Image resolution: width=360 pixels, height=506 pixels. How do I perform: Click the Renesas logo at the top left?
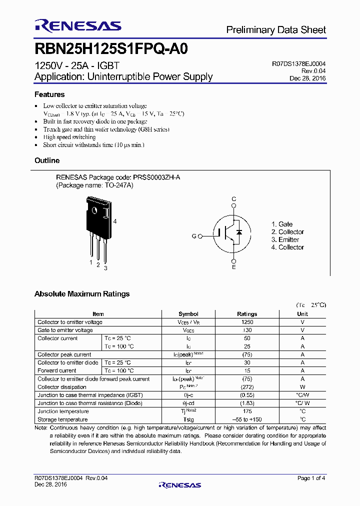77,26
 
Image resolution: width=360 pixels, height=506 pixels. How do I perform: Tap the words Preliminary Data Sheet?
276,30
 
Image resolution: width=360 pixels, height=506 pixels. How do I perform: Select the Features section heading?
49,94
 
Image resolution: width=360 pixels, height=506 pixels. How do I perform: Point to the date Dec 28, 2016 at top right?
307,78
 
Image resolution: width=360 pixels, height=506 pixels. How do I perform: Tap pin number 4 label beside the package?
115,221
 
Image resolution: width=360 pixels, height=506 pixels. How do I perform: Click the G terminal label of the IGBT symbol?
194,236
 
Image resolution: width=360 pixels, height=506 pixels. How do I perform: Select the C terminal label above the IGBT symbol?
233,199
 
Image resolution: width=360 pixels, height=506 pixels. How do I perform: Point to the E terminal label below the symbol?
233,268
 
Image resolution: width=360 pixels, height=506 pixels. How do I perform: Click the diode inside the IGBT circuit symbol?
239,233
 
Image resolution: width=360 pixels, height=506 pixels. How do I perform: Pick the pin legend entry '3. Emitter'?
285,239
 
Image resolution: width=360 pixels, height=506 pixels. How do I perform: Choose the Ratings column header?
247,314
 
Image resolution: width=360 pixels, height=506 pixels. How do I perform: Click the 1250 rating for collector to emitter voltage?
247,322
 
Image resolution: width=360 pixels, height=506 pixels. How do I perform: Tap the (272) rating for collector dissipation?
247,387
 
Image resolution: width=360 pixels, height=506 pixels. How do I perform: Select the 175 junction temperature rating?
247,411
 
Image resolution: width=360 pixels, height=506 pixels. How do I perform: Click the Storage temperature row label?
62,419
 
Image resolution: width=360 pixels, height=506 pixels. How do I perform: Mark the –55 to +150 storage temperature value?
247,419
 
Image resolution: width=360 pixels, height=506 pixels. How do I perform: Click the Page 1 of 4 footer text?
311,478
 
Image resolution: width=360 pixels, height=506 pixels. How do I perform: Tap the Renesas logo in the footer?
180,484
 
